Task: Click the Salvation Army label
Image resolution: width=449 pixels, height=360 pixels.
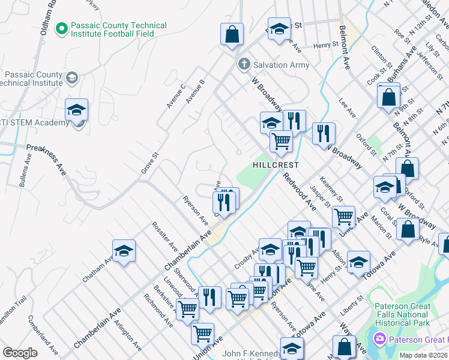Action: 281,65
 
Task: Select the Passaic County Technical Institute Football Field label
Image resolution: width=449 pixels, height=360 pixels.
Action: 112,30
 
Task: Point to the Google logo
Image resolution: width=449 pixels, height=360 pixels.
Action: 20,353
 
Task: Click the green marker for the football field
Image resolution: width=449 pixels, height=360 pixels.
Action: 61,28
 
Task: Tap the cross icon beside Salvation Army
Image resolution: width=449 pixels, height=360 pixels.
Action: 244,64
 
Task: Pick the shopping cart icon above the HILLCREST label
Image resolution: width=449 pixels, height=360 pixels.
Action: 280,142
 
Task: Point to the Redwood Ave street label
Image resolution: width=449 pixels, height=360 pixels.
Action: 300,191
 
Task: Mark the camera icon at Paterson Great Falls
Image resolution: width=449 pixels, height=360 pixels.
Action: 379,340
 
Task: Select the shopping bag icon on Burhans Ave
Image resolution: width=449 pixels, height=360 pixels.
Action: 389,96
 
